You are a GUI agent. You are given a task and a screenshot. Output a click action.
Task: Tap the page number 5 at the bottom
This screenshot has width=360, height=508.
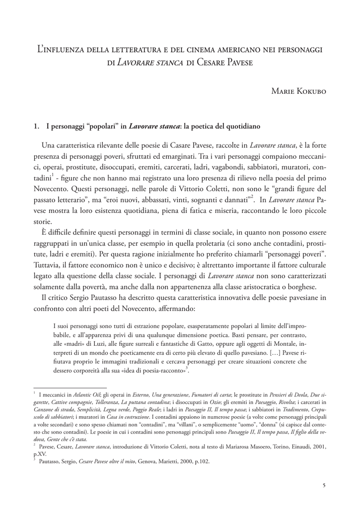coord(324,485)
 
